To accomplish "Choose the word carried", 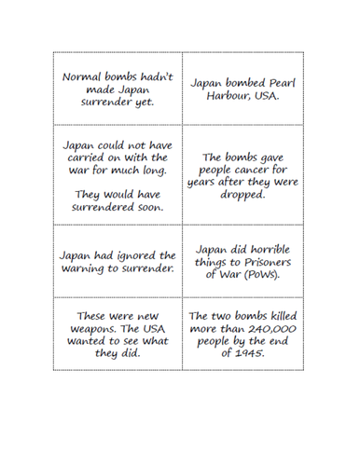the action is [83, 158].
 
